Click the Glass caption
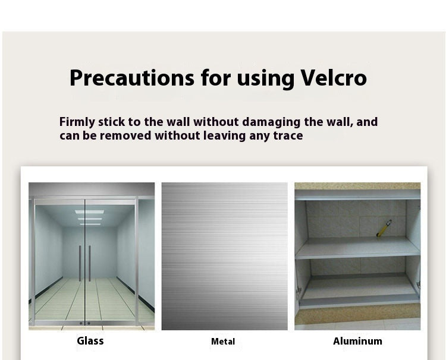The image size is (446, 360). click(x=90, y=341)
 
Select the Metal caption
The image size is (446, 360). click(x=223, y=342)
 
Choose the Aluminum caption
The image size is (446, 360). click(x=357, y=341)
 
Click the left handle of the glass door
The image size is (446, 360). click(x=80, y=263)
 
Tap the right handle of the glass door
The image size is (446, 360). click(x=90, y=263)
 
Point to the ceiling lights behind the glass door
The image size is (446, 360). click(x=89, y=215)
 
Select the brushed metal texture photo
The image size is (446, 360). click(x=224, y=256)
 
